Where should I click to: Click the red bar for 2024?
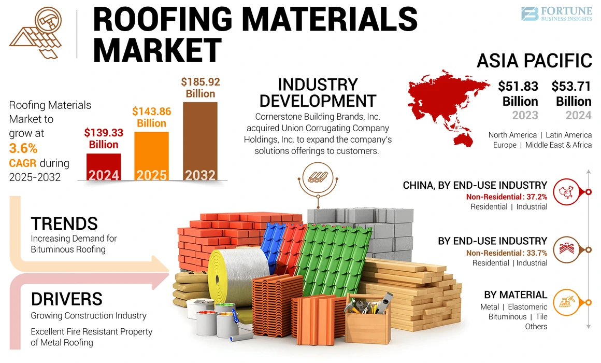pos(103,166)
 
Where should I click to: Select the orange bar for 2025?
pos(151,156)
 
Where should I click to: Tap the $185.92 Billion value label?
pos(200,88)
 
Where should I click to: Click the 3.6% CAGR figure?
pos(23,148)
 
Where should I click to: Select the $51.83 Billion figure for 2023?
pos(518,93)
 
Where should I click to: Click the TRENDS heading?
pos(64,224)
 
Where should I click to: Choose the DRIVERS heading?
pos(66,299)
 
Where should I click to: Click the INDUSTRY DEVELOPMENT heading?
pos(317,92)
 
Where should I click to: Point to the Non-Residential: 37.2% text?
pos(506,197)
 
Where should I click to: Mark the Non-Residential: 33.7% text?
pos(506,253)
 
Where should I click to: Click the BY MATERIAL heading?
pos(515,295)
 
